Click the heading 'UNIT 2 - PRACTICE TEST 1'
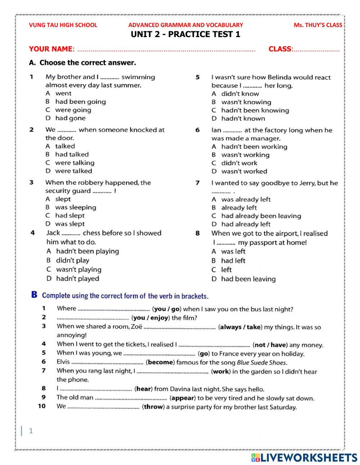tap(185, 35)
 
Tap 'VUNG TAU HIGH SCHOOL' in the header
tap(63, 25)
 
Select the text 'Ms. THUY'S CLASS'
tap(318, 25)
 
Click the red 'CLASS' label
tap(280, 49)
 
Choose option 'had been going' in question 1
tap(80, 102)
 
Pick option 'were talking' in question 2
tap(75, 163)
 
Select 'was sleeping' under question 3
tap(76, 207)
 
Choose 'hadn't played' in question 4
tap(77, 279)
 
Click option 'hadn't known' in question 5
tap(243, 119)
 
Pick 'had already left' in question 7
tap(246, 224)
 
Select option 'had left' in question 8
tap(233, 261)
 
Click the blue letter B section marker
tap(34, 295)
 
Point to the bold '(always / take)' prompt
tap(240, 327)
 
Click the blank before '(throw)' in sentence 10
tap(104, 407)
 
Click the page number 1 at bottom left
tap(31, 431)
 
